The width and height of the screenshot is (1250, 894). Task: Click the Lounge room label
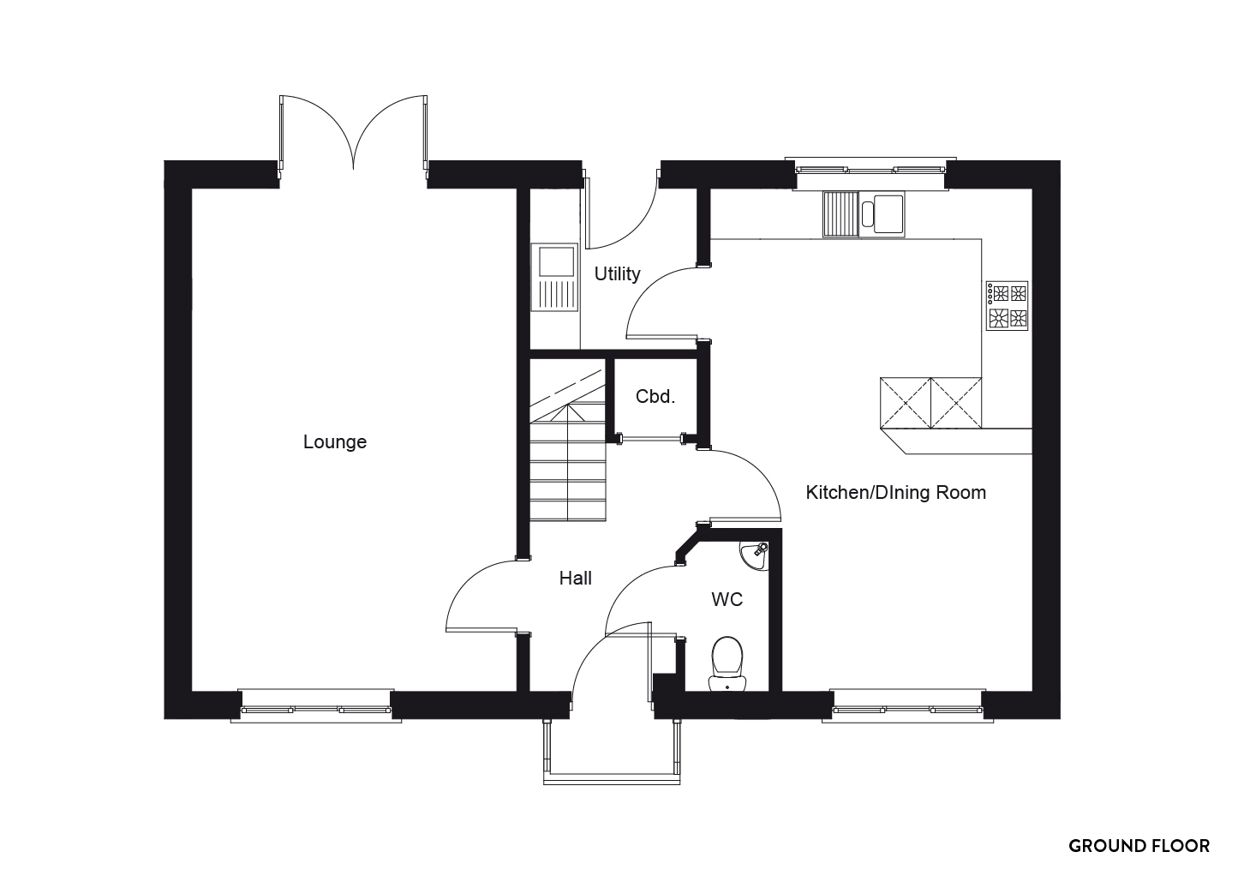point(335,441)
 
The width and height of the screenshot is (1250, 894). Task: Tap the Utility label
point(617,273)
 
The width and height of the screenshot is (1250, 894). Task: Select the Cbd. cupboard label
point(655,397)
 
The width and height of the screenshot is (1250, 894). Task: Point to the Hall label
point(576,578)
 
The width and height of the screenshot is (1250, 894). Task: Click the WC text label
point(727,599)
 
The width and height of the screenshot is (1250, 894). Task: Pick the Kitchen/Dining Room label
point(895,493)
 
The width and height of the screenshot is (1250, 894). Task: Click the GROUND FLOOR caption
point(1139,846)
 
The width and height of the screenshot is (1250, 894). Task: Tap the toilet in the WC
point(727,664)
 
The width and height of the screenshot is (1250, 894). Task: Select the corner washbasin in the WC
point(755,556)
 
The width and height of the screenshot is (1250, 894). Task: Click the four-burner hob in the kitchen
point(1008,306)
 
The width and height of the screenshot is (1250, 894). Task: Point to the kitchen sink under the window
point(864,214)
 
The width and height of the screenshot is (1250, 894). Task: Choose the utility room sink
point(554,277)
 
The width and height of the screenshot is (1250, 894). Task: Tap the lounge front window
point(316,707)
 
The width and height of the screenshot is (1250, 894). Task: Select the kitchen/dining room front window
point(907,707)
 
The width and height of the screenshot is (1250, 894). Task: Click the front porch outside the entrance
point(613,753)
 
